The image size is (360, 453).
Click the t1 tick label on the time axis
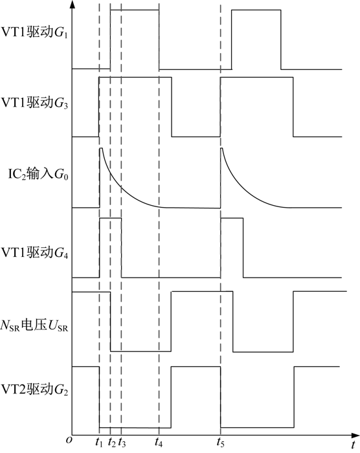click(x=99, y=442)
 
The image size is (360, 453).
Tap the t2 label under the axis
click(x=111, y=442)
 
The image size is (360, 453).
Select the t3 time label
click(x=122, y=442)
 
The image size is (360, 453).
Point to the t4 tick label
click(x=159, y=442)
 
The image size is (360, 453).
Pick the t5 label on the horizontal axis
click(x=220, y=442)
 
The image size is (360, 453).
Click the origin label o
click(x=69, y=439)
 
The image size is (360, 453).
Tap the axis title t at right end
click(x=353, y=445)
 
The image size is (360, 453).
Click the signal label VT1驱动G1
click(x=35, y=32)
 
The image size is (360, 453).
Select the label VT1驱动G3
click(x=35, y=103)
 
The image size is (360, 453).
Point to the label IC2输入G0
click(x=38, y=175)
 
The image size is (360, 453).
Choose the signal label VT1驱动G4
click(x=35, y=252)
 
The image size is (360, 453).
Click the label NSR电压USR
click(x=34, y=326)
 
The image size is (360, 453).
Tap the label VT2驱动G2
click(x=35, y=390)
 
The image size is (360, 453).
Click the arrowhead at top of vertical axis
click(x=72, y=4)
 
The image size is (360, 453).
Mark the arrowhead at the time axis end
click(x=355, y=435)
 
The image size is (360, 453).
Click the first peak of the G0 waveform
click(x=101, y=148)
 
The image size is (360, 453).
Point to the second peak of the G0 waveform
click(x=222, y=148)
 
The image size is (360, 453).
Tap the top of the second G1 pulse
click(x=256, y=10)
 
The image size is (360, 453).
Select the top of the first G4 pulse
click(x=110, y=219)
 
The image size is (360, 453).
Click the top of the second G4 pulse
click(x=232, y=219)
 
